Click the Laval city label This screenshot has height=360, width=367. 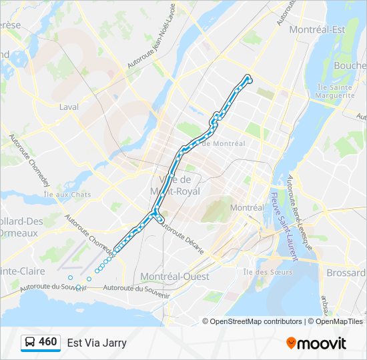point(69,107)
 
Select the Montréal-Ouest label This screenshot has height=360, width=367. point(175,276)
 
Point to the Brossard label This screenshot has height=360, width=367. point(346,273)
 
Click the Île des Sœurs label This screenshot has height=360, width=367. point(265,271)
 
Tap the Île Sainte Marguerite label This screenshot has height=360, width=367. point(336,91)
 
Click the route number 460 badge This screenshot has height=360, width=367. point(47,342)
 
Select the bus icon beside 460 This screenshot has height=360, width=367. point(31,343)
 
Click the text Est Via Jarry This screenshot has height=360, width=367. point(97,343)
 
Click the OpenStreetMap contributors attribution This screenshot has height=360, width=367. point(256,321)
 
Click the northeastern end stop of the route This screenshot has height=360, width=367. point(248,77)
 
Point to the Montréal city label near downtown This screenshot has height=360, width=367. point(247,207)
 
